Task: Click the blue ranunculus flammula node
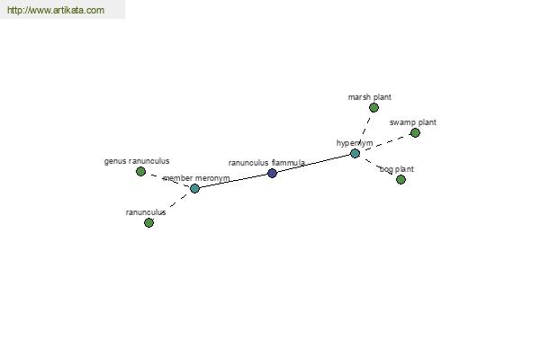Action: click(272, 173)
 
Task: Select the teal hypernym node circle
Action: click(355, 153)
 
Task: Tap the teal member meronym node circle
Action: click(195, 188)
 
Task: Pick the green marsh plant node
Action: click(373, 108)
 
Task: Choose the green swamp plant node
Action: click(415, 132)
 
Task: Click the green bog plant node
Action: click(400, 179)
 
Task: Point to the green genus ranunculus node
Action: click(140, 171)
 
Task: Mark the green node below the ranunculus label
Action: click(148, 222)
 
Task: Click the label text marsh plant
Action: click(370, 97)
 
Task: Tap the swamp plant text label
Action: click(413, 122)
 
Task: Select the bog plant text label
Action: click(397, 169)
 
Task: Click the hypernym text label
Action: click(355, 143)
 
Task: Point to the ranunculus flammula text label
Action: click(266, 163)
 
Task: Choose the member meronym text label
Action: click(196, 178)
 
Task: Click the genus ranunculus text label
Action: click(137, 161)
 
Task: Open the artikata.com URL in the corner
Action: click(56, 10)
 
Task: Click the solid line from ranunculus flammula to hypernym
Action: click(314, 163)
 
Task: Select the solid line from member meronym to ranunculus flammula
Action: click(233, 181)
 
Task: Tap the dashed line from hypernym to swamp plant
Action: click(385, 143)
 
